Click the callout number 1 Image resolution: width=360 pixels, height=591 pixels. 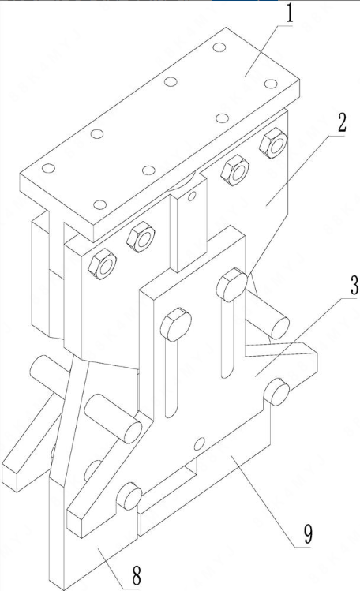[289, 13]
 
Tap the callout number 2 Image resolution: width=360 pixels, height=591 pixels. [341, 122]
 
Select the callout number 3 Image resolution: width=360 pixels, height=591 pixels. [354, 286]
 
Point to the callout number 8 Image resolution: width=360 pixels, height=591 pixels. [136, 574]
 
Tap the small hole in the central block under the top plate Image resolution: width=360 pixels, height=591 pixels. [193, 196]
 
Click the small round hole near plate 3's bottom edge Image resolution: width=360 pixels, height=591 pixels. [200, 443]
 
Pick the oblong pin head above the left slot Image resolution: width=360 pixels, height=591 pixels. [176, 324]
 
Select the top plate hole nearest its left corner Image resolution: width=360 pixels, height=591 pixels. [49, 168]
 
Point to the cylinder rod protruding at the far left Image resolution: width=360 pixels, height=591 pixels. [46, 374]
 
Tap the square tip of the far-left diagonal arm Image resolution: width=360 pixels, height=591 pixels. [10, 477]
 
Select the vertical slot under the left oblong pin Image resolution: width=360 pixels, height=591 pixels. [171, 377]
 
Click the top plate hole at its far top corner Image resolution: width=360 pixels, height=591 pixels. [219, 47]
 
